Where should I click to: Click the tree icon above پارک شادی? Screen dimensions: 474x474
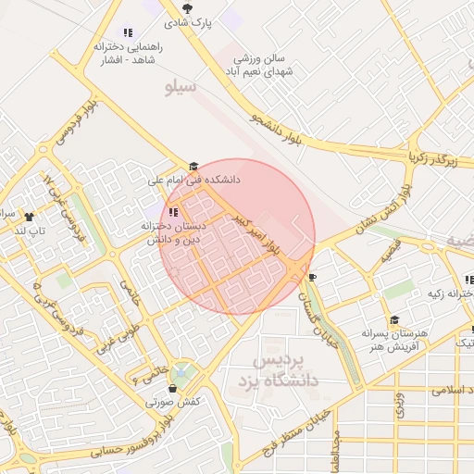tap(188, 7)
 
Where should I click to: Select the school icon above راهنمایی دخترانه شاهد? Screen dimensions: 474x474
tap(128, 32)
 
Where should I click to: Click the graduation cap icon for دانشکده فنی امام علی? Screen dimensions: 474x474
tap(193, 167)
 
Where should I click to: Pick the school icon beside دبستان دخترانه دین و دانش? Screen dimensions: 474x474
tap(173, 212)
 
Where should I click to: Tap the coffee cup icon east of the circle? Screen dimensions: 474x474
tap(312, 276)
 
